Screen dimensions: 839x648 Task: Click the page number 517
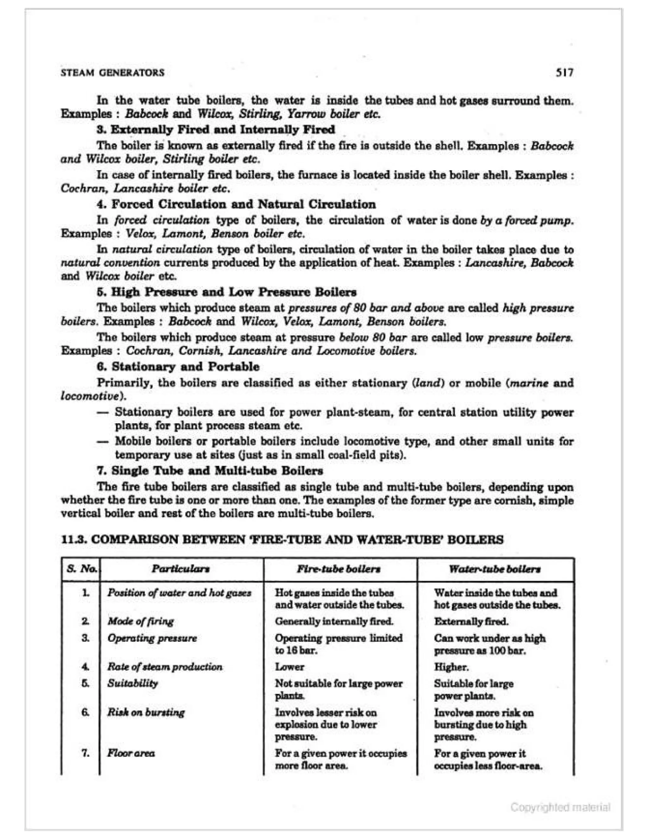[565, 72]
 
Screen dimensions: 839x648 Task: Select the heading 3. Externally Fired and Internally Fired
[216, 129]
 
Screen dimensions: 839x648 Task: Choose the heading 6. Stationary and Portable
[178, 367]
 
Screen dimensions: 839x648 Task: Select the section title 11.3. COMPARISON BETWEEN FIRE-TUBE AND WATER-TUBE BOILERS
[282, 540]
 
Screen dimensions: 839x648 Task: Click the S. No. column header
[81, 569]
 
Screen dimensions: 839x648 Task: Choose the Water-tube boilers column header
[495, 569]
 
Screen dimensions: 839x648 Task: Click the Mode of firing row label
[140, 621]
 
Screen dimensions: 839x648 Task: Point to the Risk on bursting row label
[146, 712]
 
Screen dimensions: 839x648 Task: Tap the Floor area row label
[131, 753]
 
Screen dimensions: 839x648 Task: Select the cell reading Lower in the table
[290, 667]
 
